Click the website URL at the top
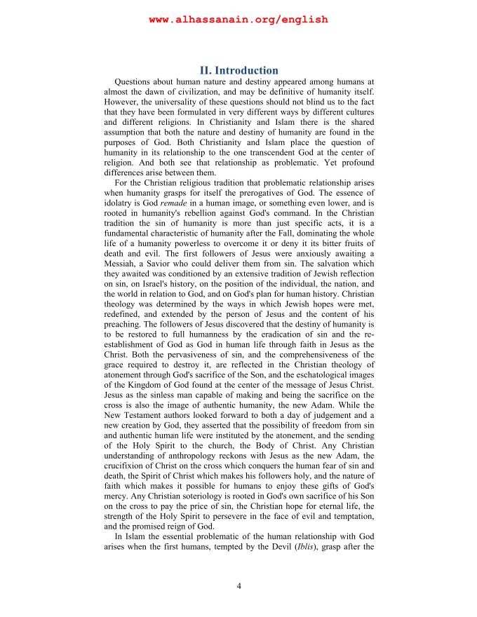click(238, 20)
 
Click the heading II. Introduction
click(238, 71)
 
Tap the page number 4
click(238, 586)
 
